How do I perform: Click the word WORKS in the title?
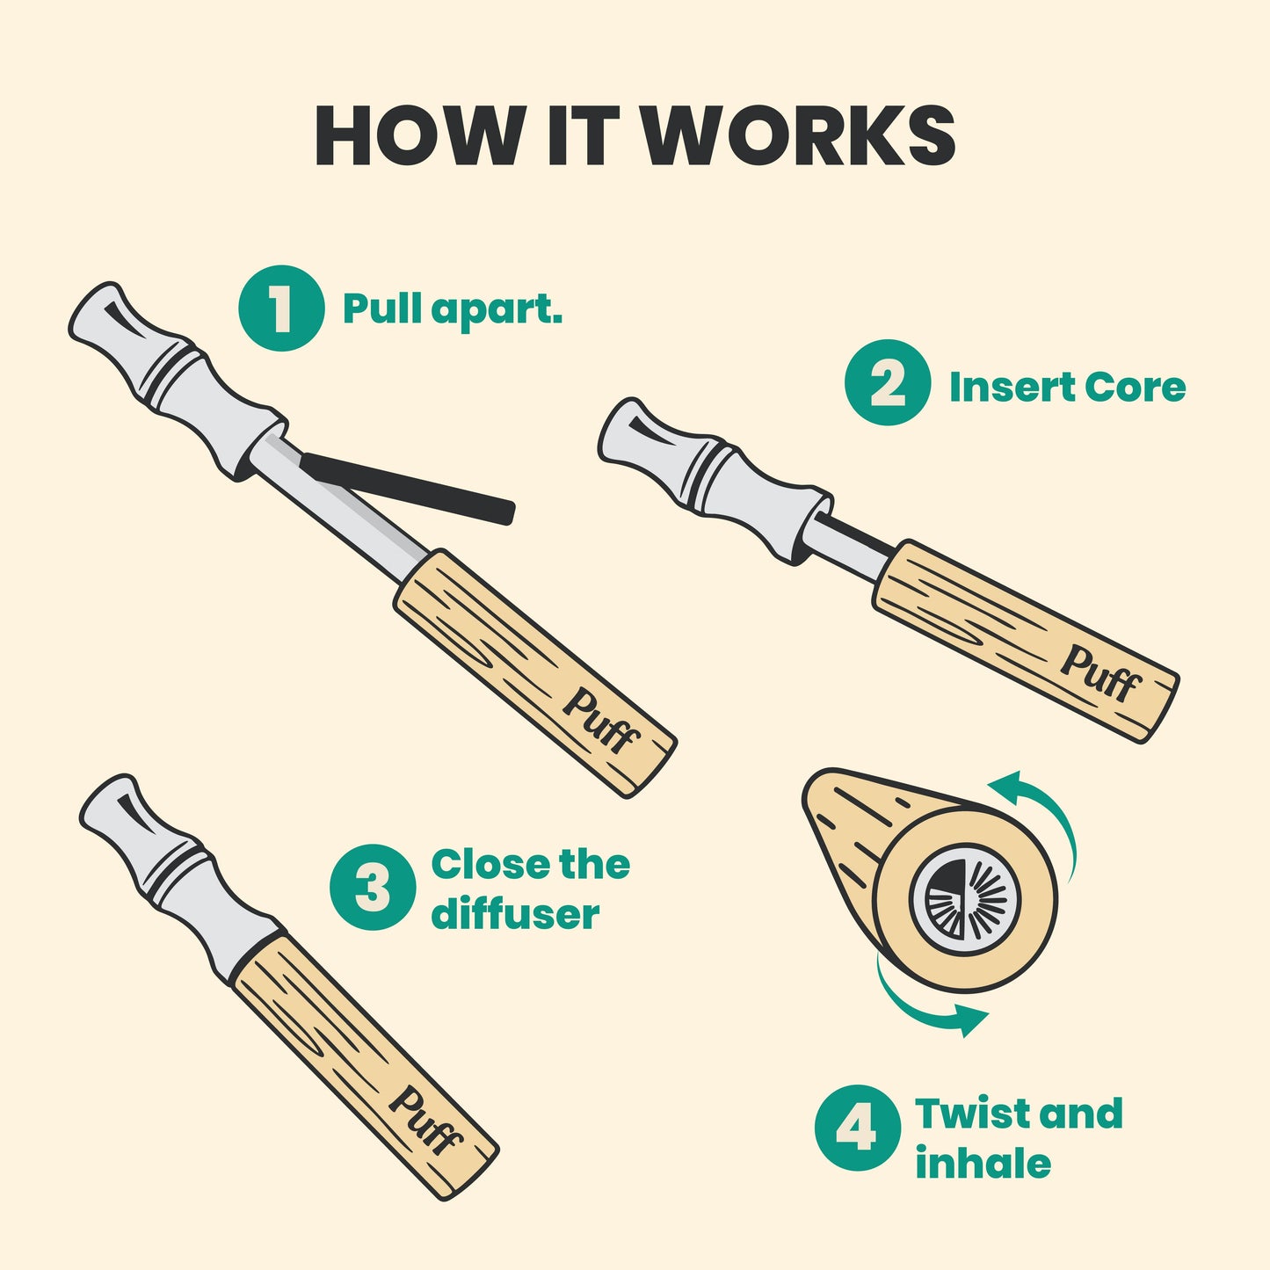[x=799, y=135]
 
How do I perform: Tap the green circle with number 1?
[x=281, y=308]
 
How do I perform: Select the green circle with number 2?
[x=887, y=382]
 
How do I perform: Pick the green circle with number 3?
[x=373, y=887]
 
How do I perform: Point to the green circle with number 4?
[x=858, y=1128]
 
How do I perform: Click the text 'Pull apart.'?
[x=453, y=308]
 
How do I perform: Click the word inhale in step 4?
[x=983, y=1164]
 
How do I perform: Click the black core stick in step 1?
[x=407, y=489]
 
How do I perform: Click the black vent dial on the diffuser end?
[x=966, y=898]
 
